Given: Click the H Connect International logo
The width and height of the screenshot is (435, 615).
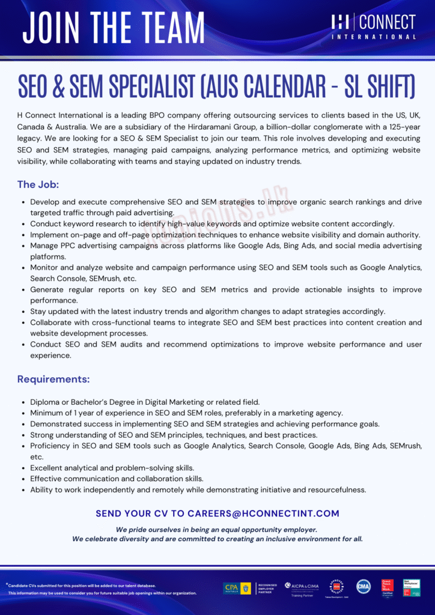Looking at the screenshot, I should click(x=373, y=27).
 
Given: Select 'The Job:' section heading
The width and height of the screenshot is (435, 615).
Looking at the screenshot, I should click(x=38, y=184).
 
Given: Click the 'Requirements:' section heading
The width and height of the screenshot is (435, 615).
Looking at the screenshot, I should click(x=53, y=379).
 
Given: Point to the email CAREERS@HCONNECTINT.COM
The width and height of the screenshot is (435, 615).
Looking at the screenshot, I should click(x=263, y=514).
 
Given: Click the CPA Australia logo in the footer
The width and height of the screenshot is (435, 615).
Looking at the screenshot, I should click(x=238, y=588).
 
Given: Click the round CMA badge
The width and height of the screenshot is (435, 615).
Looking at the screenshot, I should click(x=363, y=587).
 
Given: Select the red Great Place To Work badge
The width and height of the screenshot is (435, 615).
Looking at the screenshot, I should click(x=388, y=588).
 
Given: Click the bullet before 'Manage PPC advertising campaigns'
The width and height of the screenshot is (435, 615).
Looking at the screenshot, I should click(x=23, y=246).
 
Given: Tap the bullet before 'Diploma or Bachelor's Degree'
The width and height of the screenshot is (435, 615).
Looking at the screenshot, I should click(x=23, y=402).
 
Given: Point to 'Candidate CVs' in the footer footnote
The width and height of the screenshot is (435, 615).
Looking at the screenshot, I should click(x=23, y=586).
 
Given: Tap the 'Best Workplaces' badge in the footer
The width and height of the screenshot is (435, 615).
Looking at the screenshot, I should click(x=412, y=588).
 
